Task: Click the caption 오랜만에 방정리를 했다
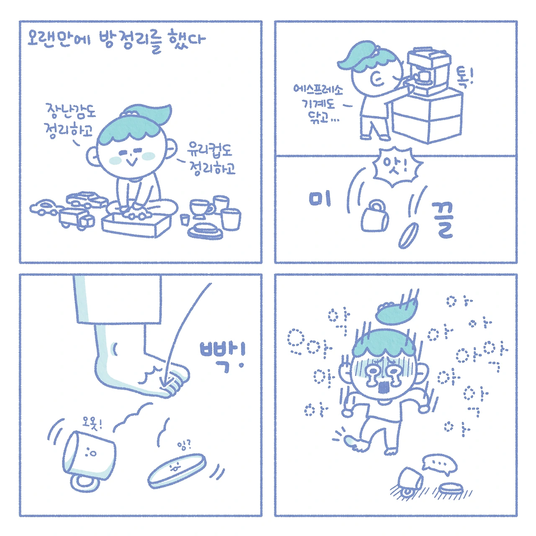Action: (116, 42)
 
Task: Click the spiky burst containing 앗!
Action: (397, 167)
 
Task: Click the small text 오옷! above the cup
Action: (92, 424)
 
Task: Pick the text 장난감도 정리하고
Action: (70, 121)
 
